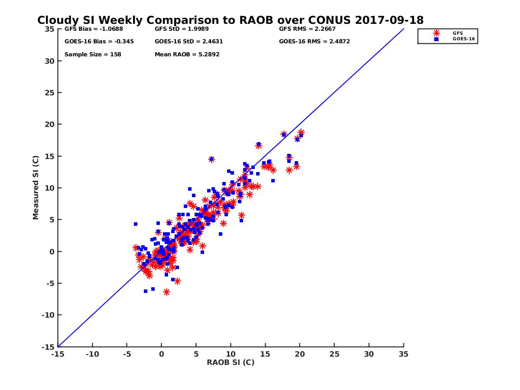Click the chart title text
point(230,20)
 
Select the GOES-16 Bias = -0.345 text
point(99,42)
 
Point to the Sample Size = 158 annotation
point(93,55)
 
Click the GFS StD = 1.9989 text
point(182,29)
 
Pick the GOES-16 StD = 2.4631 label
point(188,42)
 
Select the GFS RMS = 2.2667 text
point(307,29)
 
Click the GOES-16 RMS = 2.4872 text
point(314,42)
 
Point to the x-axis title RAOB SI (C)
point(231,363)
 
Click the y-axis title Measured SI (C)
point(36,188)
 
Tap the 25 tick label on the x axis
point(334,354)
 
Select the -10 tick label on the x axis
point(92,354)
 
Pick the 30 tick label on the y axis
point(49,61)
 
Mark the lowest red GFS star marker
point(166,292)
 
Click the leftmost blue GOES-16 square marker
point(136,224)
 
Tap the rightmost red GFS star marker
point(301,132)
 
